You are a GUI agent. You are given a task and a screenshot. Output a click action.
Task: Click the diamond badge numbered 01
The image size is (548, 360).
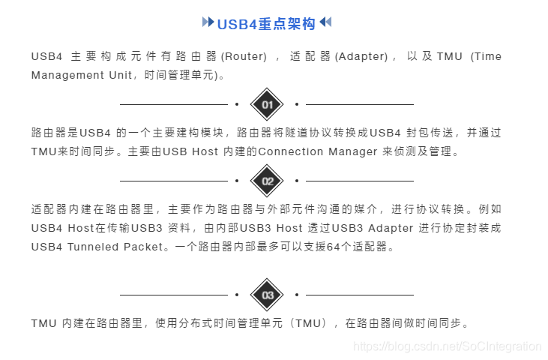[x=267, y=104]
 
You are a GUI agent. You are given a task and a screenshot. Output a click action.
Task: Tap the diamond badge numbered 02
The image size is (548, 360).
[x=267, y=181]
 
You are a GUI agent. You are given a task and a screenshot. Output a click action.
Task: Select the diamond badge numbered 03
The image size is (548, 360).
[x=267, y=295]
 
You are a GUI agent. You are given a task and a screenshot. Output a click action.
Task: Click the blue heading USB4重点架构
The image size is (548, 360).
[x=267, y=23]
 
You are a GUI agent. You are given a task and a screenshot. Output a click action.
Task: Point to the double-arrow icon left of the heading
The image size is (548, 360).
[x=208, y=22]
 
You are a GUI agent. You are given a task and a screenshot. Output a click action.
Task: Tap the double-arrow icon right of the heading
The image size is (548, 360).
[x=325, y=22]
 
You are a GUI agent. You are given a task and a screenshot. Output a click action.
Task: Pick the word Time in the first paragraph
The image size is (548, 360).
[x=487, y=56]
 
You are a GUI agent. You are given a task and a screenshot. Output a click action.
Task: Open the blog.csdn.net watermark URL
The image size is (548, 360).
[x=447, y=346]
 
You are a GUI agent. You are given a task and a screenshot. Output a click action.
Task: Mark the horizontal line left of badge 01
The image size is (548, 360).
[x=173, y=104]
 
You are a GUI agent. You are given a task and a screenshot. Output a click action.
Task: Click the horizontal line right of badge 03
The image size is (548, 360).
[x=360, y=295]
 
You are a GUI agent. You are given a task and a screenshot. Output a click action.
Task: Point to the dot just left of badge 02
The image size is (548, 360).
[x=237, y=181]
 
